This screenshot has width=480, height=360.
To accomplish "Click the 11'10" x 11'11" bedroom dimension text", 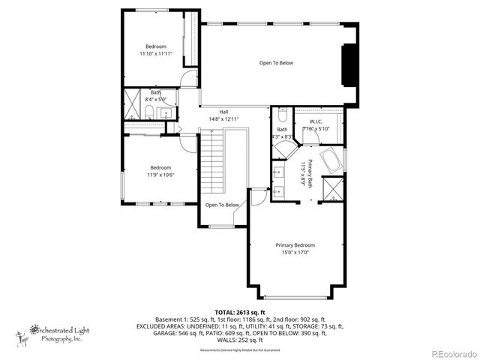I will (x=155, y=54).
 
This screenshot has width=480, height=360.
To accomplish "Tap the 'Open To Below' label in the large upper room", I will (x=276, y=63).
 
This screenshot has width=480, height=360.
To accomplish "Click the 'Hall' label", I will (x=223, y=112).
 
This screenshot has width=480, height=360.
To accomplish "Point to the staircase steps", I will (x=215, y=161).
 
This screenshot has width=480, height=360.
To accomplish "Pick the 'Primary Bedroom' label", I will (x=295, y=245).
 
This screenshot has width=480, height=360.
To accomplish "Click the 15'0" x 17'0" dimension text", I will (x=295, y=253).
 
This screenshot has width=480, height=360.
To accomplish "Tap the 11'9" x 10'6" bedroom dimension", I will (x=160, y=175).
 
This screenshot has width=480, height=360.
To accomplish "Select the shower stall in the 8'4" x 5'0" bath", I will (x=134, y=106).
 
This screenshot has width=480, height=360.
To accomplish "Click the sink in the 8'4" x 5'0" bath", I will (x=166, y=113).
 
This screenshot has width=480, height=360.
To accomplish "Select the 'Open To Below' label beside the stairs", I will (x=222, y=205).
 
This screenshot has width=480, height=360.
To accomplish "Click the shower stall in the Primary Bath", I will (x=331, y=188).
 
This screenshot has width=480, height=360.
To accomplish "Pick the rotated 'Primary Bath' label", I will (x=305, y=172).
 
